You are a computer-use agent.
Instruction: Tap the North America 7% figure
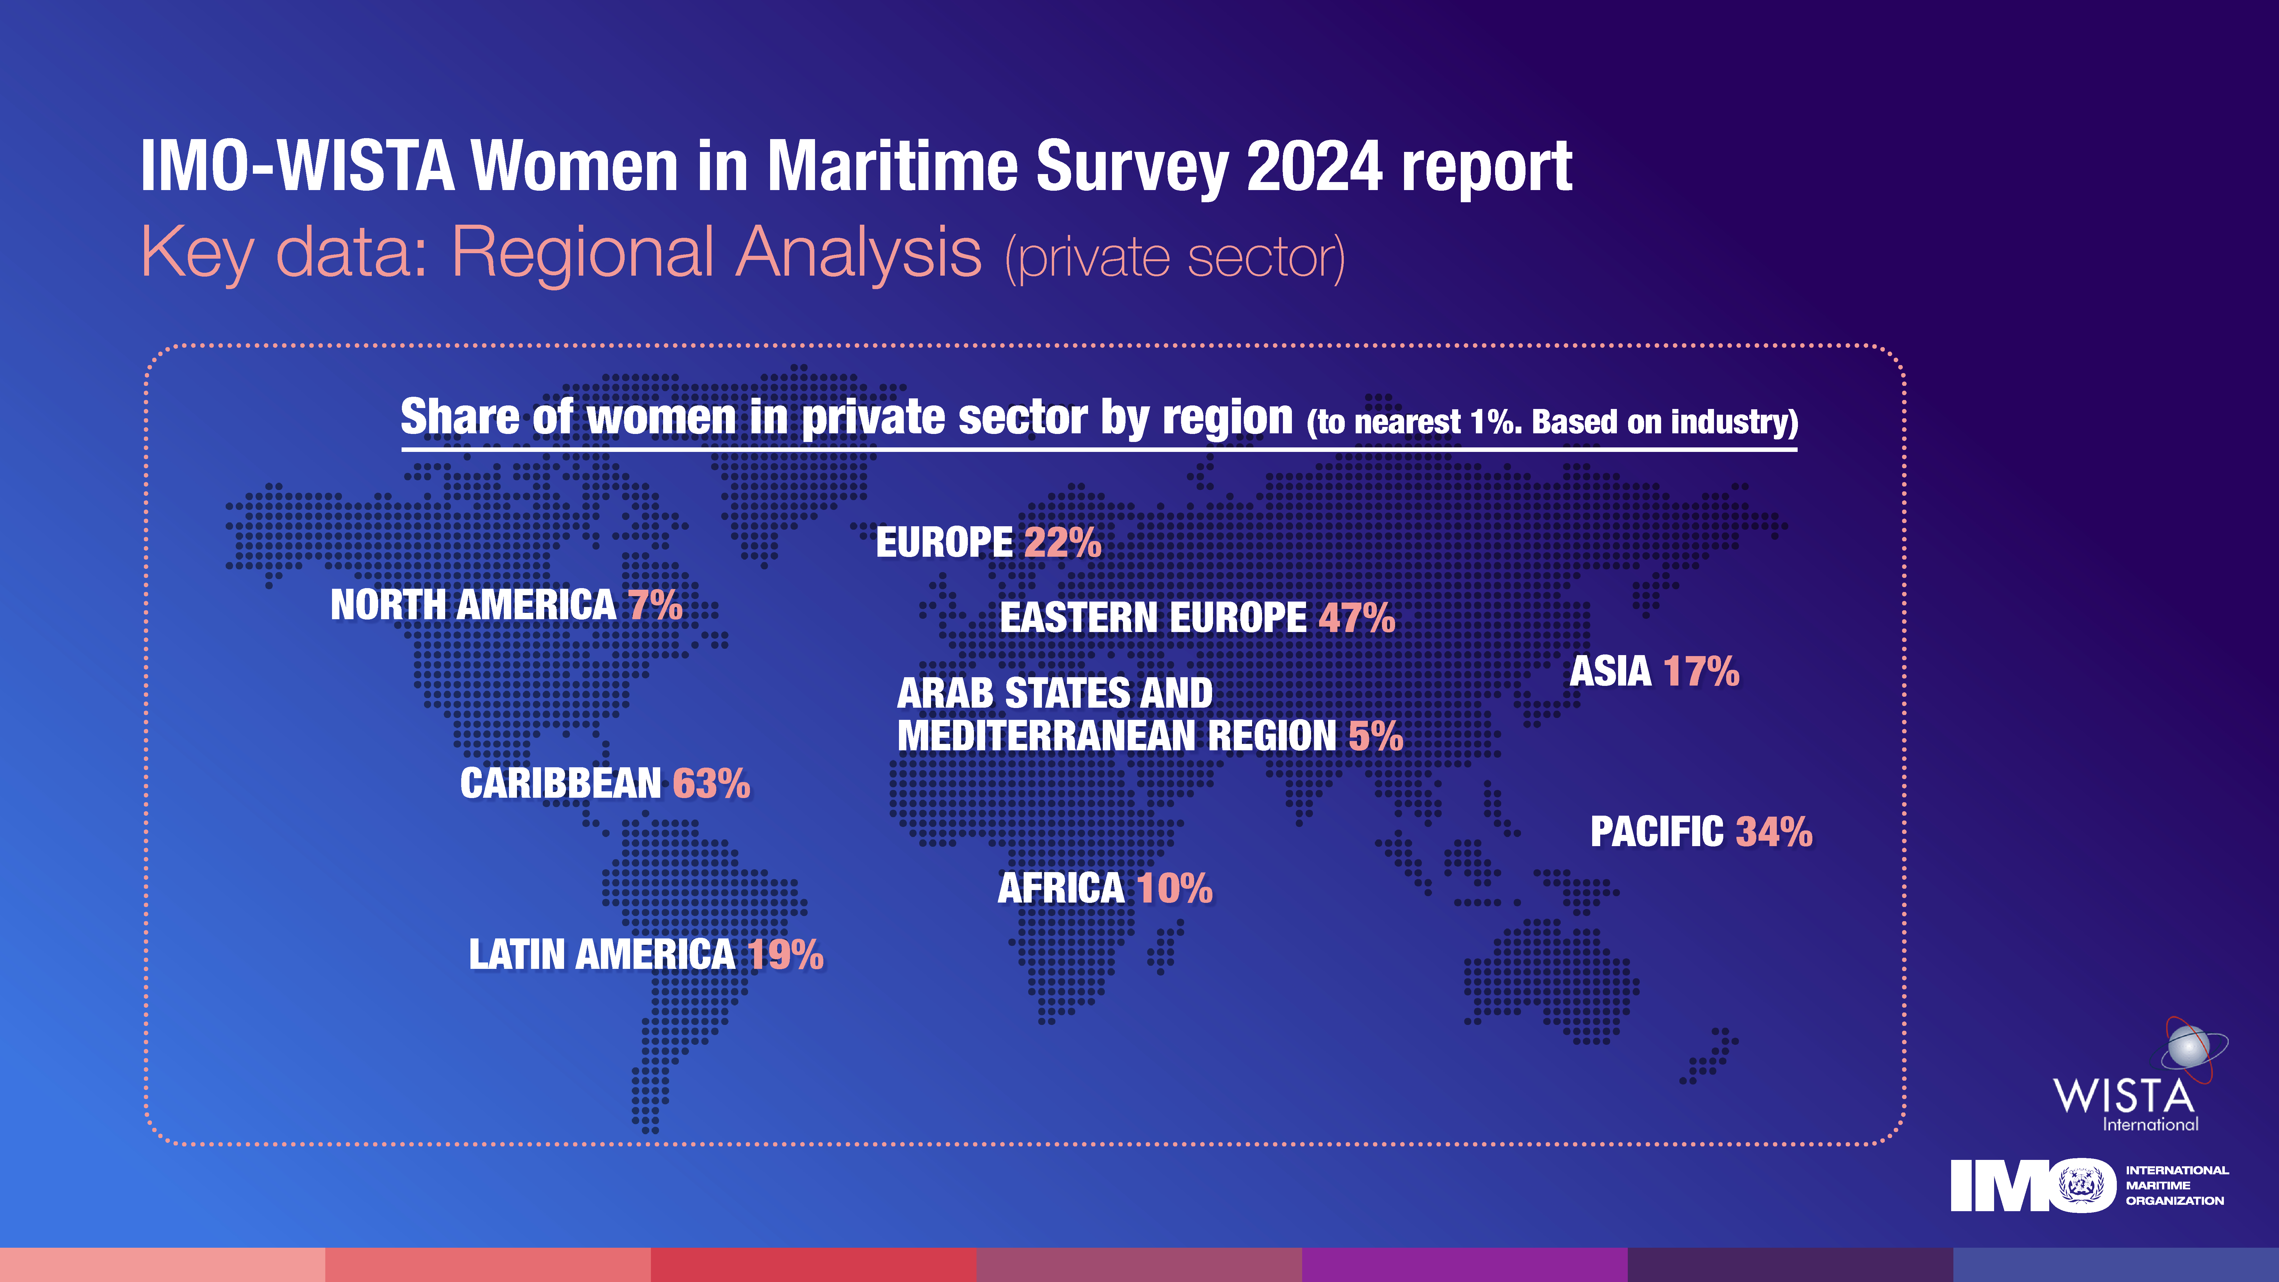point(656,605)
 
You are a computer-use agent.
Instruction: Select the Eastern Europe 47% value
point(1356,618)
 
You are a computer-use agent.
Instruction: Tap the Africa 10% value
point(1174,888)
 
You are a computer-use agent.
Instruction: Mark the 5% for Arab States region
point(1376,736)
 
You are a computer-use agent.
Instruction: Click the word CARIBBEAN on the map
point(560,784)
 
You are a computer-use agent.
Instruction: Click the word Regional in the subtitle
point(582,252)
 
